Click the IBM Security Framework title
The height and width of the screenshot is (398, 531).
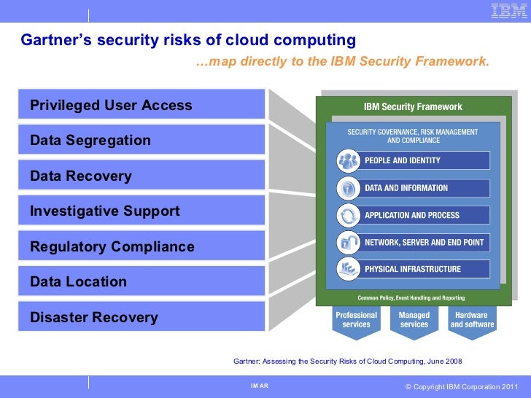(413, 106)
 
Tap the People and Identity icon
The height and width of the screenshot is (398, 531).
(348, 160)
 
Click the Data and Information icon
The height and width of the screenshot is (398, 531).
(348, 188)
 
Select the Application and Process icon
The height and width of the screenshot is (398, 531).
(348, 215)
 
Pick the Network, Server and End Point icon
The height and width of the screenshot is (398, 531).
(348, 242)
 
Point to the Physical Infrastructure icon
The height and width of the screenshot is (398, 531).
(348, 269)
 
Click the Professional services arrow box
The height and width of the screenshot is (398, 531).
(356, 321)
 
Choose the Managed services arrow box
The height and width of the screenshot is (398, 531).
(414, 321)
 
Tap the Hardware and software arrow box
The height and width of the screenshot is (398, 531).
(472, 321)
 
